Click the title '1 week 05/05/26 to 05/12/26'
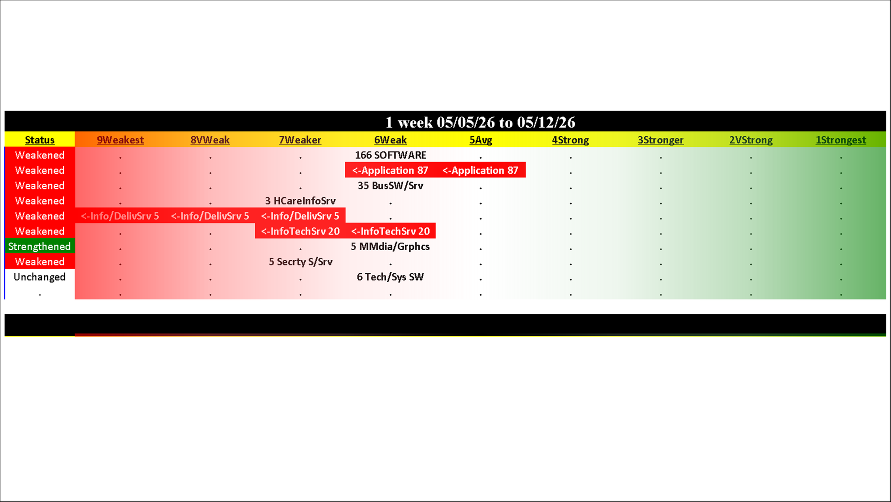coord(480,122)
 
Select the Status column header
coord(40,140)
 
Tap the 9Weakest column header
coord(120,140)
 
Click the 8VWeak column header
coord(210,140)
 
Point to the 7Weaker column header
coord(300,140)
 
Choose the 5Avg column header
coord(481,140)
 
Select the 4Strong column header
coord(570,140)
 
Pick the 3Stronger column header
coord(660,140)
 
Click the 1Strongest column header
coord(841,140)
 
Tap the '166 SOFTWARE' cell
coord(391,155)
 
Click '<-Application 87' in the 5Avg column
coord(480,170)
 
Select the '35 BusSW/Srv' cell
coord(391,185)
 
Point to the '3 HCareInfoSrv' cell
coord(300,201)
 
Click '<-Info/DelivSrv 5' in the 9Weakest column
coord(120,216)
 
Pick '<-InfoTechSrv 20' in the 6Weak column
coord(391,231)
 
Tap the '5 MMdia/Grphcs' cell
coord(390,247)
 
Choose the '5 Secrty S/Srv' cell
coord(301,262)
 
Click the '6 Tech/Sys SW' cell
coord(390,277)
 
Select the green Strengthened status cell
coord(40,247)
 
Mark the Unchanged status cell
coord(40,277)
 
